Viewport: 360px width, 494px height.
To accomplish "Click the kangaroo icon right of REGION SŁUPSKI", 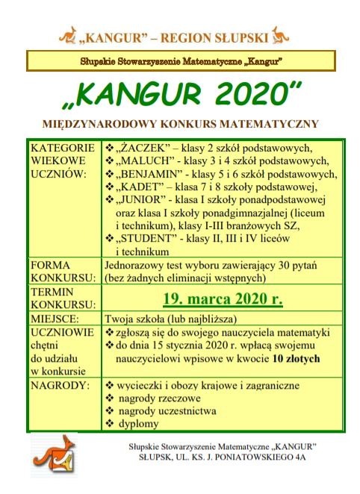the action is click(x=281, y=34).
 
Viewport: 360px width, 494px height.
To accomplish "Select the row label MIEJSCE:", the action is click(x=55, y=316).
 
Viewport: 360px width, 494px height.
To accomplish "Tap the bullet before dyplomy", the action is click(x=110, y=424).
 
